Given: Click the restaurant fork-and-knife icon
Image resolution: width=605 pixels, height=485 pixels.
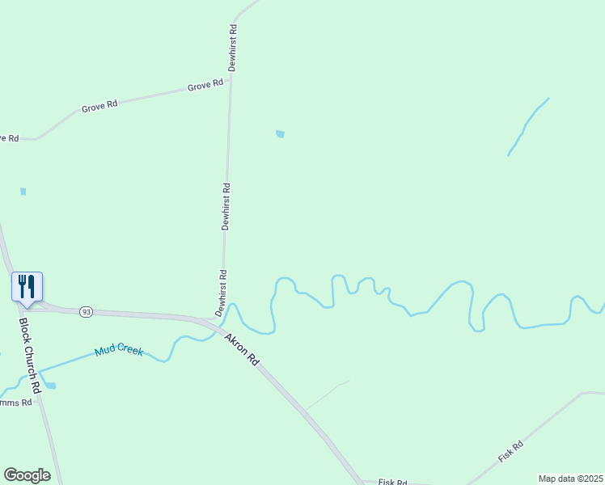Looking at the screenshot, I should pos(27,286).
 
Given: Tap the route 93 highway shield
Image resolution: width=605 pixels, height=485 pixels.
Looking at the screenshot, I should pos(87,312).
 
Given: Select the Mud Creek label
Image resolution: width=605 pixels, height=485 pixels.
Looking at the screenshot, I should pos(118,351).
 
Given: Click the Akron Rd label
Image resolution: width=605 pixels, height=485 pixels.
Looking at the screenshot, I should pos(241,350).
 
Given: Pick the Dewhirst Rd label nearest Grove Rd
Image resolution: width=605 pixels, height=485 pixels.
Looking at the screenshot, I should pos(232,48).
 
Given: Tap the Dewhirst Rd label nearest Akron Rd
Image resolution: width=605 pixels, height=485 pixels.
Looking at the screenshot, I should pos(219,293).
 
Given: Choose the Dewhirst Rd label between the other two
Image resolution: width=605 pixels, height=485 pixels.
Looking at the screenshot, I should pos(226,206).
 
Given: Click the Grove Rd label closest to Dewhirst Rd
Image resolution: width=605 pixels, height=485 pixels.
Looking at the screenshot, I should pos(205,85).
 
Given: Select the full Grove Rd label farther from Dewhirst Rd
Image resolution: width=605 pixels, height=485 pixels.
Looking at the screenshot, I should pos(99,105).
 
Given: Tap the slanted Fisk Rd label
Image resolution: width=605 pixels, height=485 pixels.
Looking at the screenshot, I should pos(510,450).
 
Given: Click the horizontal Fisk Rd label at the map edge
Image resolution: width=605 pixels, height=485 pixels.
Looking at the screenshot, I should pos(392,481).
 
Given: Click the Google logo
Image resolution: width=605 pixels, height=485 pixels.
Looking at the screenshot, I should pos(27,475).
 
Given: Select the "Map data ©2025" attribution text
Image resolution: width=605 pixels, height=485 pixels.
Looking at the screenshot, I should pos(569,479).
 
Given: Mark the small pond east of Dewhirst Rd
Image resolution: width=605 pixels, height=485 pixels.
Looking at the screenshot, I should pos(280,134).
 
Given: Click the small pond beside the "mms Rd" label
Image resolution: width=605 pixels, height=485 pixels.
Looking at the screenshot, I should pos(50,386).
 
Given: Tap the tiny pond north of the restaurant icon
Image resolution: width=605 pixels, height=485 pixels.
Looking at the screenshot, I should pos(23,192).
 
